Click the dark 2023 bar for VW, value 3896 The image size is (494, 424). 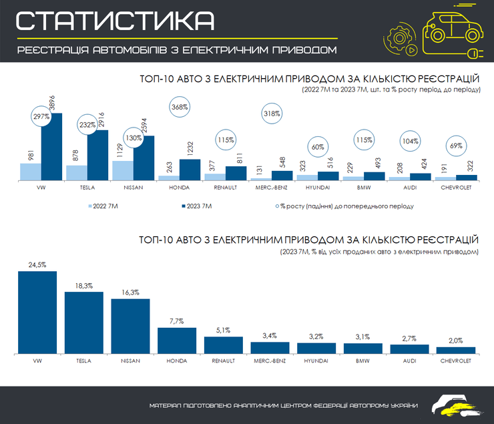tap(51, 147)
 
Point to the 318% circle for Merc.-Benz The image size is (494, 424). tap(272, 114)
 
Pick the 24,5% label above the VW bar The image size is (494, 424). tap(37, 265)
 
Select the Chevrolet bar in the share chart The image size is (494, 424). tap(456, 350)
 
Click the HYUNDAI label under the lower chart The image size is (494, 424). tap(316, 361)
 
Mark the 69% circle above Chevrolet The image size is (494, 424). tap(456, 146)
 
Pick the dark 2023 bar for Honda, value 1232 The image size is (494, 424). tap(190, 170)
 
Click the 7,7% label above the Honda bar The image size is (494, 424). tap(176, 322)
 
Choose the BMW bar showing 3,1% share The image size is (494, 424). tap(362, 348)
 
